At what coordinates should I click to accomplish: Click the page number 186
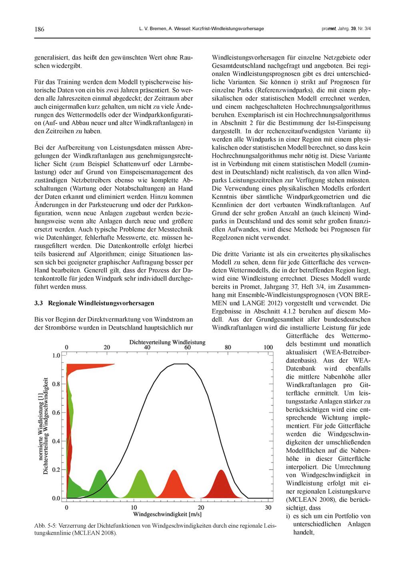point(39,29)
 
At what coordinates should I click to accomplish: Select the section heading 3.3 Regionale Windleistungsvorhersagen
point(94,303)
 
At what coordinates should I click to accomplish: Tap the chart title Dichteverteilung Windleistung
point(167,342)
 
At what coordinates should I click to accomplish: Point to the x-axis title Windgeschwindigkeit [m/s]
point(167,514)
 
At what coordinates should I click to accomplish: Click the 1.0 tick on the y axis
point(56,355)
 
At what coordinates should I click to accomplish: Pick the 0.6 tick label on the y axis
point(56,413)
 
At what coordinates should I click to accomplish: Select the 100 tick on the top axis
point(268,347)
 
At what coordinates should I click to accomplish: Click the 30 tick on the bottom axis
point(268,507)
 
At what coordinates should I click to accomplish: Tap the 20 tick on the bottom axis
point(201,507)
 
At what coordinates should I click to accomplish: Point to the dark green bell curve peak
point(100,471)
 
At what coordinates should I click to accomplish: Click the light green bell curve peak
point(140,471)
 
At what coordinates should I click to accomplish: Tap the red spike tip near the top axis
point(114,364)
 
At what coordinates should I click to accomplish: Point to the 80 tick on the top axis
point(228,347)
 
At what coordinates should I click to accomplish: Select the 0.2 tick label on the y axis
point(56,470)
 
